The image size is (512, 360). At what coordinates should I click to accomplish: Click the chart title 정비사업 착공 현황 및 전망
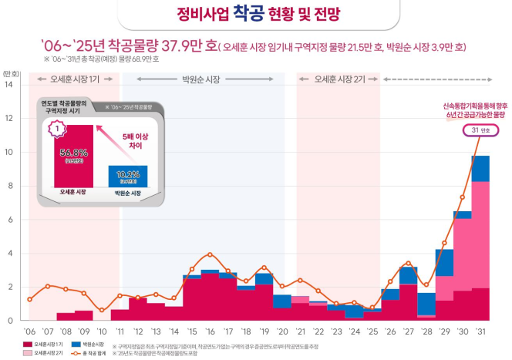[255, 15]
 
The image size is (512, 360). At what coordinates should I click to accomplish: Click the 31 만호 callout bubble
[482, 130]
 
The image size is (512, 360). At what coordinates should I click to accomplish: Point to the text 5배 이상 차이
[136, 139]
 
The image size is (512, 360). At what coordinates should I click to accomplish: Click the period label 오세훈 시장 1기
[73, 79]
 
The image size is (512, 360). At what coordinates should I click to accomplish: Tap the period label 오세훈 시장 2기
[339, 79]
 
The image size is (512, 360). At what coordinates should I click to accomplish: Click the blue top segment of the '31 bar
[480, 168]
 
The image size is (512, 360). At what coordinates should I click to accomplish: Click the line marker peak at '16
[210, 254]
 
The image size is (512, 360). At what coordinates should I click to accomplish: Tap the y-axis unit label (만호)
[12, 72]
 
